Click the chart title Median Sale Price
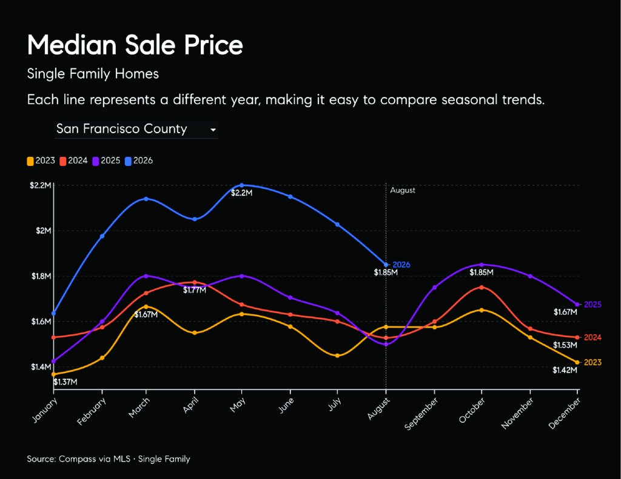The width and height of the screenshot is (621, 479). click(135, 44)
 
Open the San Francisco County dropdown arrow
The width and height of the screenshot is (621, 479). click(213, 130)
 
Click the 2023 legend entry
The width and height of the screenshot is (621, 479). click(41, 160)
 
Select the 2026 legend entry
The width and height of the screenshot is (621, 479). click(139, 160)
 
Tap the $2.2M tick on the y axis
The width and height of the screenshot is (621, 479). click(41, 185)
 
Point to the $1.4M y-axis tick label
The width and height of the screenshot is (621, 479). click(41, 366)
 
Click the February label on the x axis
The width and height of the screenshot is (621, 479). click(92, 411)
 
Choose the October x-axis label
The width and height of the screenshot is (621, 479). click(472, 410)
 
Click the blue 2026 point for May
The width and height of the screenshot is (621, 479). click(242, 185)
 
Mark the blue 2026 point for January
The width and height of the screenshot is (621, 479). click(54, 313)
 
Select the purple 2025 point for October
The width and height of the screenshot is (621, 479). click(482, 265)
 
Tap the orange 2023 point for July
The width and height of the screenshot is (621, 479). click(337, 355)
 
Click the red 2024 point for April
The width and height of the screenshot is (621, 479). click(195, 282)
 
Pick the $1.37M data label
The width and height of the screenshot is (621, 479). click(65, 382)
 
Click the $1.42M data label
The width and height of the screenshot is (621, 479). click(565, 370)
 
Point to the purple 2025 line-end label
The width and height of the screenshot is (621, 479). click(592, 305)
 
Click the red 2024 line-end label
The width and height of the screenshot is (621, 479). click(592, 337)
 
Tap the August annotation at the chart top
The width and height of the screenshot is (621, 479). click(403, 190)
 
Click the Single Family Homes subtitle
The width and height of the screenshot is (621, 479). click(93, 74)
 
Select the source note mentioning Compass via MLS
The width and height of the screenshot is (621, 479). click(109, 459)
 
